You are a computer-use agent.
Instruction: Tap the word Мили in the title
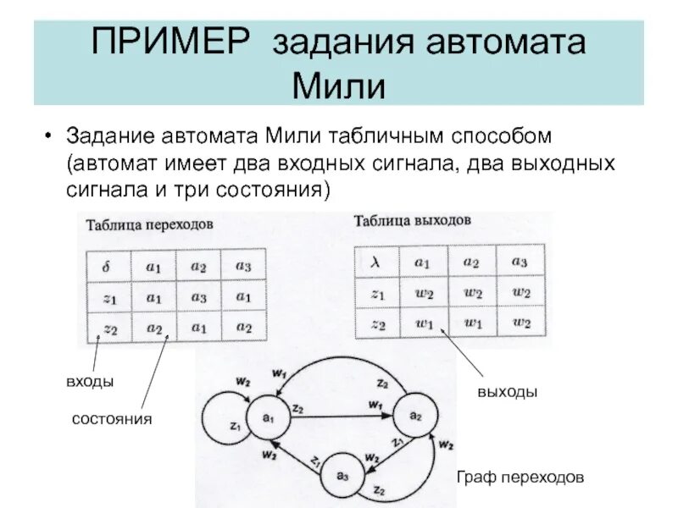click(338, 85)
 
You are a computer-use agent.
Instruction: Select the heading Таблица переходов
click(149, 226)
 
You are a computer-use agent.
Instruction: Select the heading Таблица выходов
click(412, 221)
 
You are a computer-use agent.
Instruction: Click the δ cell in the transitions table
click(106, 267)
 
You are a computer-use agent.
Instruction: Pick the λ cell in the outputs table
click(375, 262)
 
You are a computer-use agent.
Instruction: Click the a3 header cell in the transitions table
click(244, 266)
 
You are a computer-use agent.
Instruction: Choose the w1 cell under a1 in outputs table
click(423, 324)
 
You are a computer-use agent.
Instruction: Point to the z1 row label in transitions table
click(108, 297)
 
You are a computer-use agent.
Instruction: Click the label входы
click(89, 382)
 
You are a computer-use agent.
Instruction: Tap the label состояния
click(112, 419)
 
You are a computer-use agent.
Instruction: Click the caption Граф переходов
click(520, 477)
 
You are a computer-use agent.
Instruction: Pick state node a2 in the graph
click(414, 415)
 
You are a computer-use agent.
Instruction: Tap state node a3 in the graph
click(342, 474)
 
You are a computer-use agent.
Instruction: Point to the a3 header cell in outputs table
click(520, 262)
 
